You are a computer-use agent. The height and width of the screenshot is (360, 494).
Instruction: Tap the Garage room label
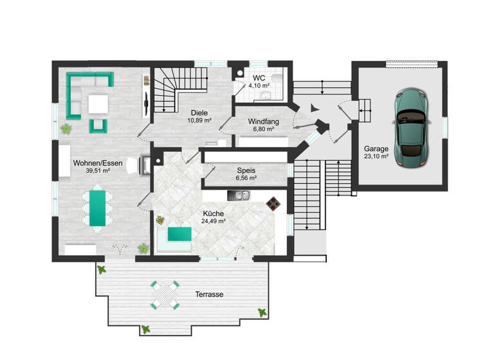(376, 148)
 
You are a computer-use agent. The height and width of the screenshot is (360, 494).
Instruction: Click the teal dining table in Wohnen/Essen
(98, 207)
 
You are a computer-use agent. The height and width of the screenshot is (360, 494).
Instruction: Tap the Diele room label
(199, 112)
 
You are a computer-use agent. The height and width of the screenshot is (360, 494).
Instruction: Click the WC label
(259, 77)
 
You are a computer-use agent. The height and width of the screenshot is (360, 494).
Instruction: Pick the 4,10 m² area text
(259, 84)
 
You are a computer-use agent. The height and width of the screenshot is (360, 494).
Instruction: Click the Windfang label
(246, 121)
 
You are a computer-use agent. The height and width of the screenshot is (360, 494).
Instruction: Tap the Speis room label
(246, 170)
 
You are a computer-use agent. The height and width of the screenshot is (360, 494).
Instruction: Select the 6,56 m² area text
(246, 178)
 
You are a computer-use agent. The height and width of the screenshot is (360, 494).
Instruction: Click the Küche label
(213, 213)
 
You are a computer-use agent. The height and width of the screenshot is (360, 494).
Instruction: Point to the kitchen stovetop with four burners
(273, 203)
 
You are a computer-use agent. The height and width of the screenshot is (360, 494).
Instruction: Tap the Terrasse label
(209, 294)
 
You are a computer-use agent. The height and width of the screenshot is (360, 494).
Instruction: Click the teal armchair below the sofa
(98, 125)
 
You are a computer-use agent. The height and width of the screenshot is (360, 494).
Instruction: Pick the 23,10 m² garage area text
(376, 156)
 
